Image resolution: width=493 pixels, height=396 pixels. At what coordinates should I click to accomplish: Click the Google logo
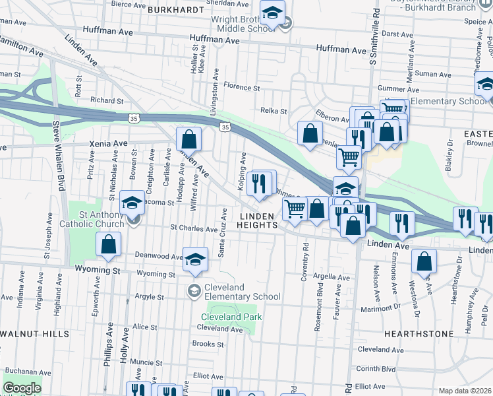22,388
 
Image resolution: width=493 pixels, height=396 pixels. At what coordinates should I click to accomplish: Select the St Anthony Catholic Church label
92,219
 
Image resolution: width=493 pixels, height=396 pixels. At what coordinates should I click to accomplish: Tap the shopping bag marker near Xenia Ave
188,140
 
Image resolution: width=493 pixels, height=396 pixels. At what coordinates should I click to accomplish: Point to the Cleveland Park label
231,317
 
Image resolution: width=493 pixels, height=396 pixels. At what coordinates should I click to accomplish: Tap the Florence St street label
242,87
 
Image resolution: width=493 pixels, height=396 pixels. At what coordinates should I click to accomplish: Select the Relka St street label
274,111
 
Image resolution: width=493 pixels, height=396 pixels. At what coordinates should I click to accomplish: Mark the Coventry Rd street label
305,263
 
